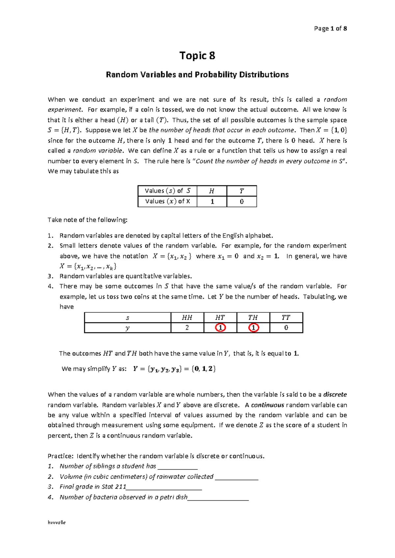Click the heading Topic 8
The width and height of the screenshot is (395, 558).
click(197, 56)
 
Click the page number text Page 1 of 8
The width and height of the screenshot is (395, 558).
click(330, 29)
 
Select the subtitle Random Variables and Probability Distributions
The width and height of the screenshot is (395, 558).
click(197, 75)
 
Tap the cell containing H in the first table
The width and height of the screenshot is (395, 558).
click(212, 191)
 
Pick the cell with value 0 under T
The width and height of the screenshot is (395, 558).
click(242, 202)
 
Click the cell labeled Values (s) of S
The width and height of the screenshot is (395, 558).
click(167, 191)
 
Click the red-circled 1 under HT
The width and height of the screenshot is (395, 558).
click(220, 328)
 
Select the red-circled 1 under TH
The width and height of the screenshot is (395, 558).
click(253, 328)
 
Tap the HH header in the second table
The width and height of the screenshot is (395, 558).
click(187, 317)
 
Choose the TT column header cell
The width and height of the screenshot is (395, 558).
click(286, 317)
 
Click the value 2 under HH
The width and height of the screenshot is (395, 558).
click(187, 328)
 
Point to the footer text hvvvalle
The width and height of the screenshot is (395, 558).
click(57, 522)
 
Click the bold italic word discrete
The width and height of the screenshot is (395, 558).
click(335, 394)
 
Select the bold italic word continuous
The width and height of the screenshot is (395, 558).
click(267, 405)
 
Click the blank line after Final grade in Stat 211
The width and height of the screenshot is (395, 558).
click(164, 487)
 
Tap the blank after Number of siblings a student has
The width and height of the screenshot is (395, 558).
click(177, 467)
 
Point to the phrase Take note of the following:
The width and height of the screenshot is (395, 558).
click(87, 220)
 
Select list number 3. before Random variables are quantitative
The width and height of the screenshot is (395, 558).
click(50, 276)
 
